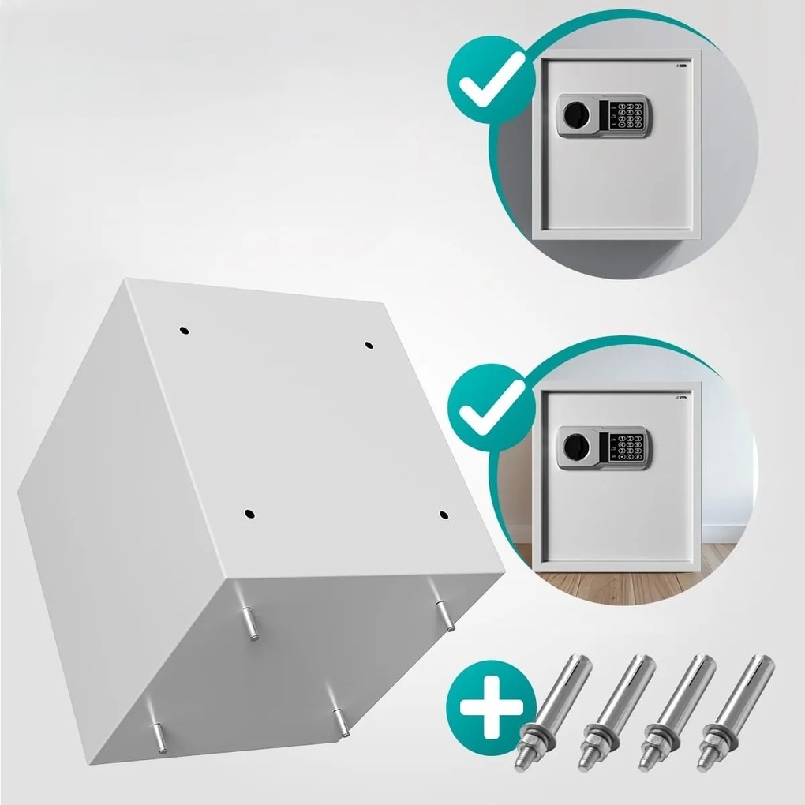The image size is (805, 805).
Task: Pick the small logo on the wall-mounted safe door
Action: (682, 66)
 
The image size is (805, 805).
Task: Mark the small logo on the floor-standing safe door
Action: (682, 399)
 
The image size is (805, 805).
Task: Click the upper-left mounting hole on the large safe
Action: (183, 329)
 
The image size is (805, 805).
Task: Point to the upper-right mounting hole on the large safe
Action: (369, 344)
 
